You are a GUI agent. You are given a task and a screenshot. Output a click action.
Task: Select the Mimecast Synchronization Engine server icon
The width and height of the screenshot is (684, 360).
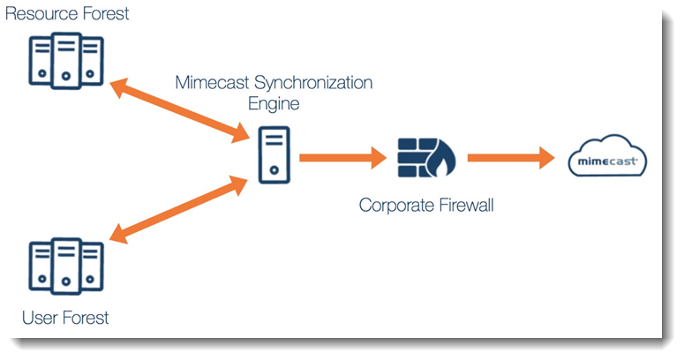coord(275,155)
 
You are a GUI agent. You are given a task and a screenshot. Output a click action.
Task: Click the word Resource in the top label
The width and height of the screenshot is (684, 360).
coord(39,14)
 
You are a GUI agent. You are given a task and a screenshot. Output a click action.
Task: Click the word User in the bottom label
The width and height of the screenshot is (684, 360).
coord(40,318)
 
